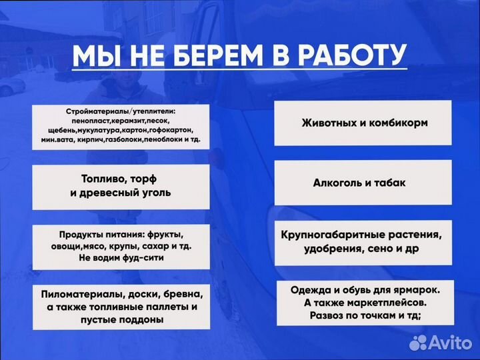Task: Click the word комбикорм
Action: [x=396, y=123]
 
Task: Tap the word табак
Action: [x=391, y=182]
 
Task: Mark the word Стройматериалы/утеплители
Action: [x=125, y=110]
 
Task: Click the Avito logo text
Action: [x=449, y=343]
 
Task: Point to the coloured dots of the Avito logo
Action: [x=419, y=343]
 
